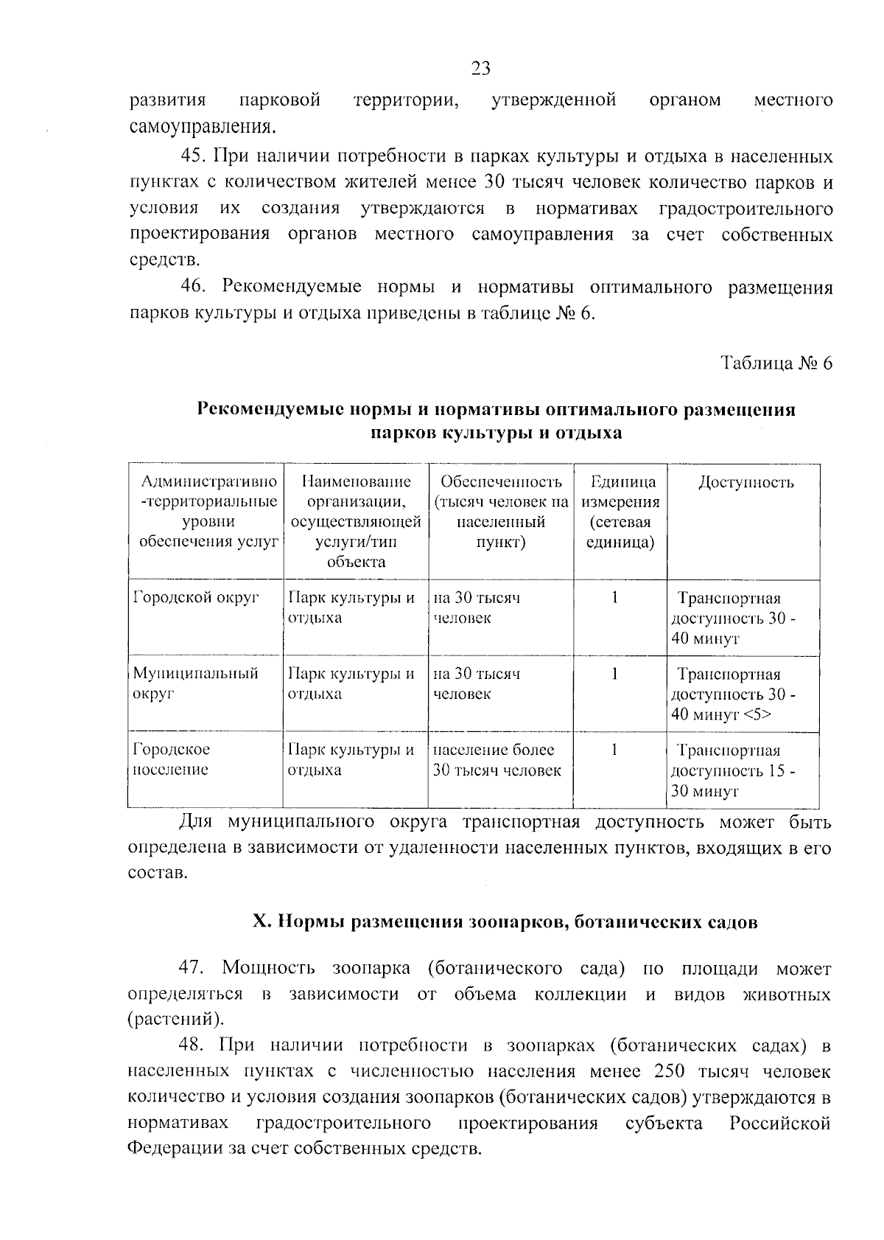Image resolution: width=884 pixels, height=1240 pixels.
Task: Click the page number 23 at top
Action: (480, 69)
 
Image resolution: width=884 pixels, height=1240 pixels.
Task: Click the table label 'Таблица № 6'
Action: (776, 363)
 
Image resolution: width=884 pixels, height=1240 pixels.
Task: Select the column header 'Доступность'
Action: (746, 483)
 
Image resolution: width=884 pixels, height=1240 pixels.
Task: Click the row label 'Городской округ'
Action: (197, 598)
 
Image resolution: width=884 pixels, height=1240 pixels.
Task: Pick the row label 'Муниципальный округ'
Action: (196, 683)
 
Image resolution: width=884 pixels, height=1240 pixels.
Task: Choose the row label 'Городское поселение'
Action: (172, 759)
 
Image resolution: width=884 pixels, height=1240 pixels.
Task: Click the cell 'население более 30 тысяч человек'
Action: (497, 760)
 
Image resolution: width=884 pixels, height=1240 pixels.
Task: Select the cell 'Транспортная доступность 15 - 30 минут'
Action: (734, 771)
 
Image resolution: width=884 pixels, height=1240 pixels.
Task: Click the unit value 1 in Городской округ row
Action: (614, 597)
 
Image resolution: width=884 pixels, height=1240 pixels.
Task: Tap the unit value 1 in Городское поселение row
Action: (614, 749)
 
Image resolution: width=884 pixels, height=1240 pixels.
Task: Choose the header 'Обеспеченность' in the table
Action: (501, 482)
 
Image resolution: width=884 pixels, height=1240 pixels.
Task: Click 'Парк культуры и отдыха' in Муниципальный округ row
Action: (351, 683)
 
